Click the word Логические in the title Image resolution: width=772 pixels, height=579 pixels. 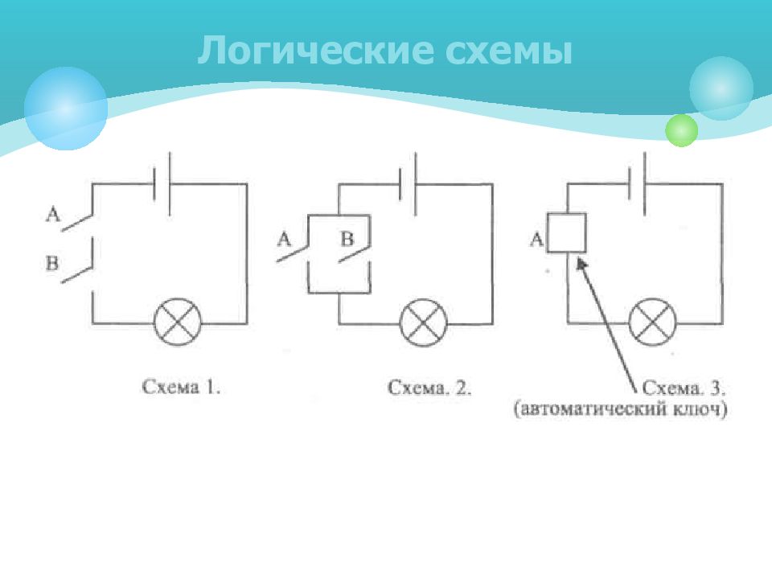click(x=315, y=50)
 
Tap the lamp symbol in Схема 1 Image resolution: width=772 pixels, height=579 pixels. click(x=178, y=322)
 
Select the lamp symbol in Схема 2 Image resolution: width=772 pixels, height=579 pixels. click(x=424, y=322)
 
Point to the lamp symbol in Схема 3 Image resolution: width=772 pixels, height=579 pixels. click(x=653, y=322)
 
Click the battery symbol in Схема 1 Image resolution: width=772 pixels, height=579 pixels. click(x=162, y=184)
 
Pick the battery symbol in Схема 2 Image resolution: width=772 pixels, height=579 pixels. click(x=408, y=184)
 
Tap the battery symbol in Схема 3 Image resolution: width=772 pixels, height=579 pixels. click(x=637, y=183)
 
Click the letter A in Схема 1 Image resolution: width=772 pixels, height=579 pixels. click(x=53, y=214)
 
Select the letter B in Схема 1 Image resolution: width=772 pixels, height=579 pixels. click(x=52, y=263)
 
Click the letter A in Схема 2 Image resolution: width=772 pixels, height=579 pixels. click(x=284, y=240)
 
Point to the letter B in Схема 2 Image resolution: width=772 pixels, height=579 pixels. click(x=347, y=240)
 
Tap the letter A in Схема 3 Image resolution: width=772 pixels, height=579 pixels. click(x=536, y=240)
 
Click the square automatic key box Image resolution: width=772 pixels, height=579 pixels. click(x=567, y=233)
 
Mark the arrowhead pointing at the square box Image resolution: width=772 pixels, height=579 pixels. click(x=581, y=265)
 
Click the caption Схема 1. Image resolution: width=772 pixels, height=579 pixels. click(x=181, y=387)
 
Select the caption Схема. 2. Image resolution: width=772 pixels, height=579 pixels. click(x=429, y=388)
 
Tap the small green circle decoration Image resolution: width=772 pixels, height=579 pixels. click(x=681, y=130)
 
